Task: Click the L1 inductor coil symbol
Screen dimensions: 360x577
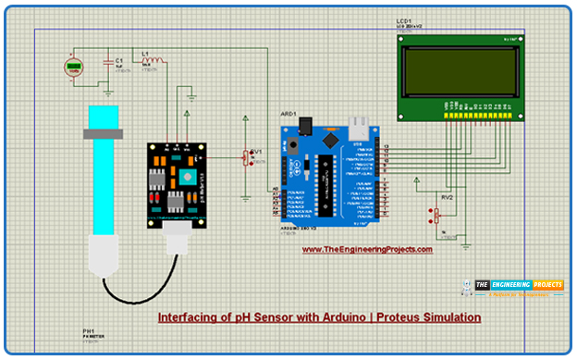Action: [x=153, y=63]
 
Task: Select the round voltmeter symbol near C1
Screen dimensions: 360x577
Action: [x=72, y=68]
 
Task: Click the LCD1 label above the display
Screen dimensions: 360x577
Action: [x=404, y=19]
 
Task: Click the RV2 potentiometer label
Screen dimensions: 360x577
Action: [x=447, y=197]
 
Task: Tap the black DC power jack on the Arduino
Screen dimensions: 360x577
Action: [x=294, y=146]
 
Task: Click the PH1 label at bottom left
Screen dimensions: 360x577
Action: [x=89, y=330]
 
